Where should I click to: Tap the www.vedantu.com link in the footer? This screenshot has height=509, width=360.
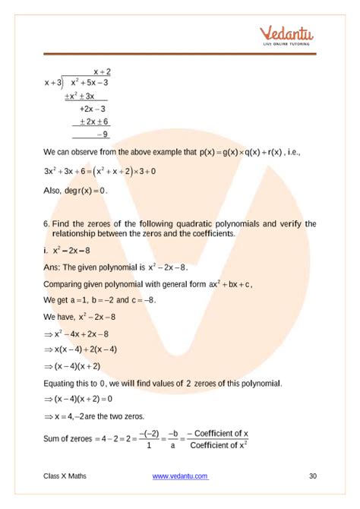point(180,476)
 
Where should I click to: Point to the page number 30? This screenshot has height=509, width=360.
point(312,476)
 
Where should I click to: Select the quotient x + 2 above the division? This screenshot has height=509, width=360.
point(102,71)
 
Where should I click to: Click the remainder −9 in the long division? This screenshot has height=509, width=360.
point(101,134)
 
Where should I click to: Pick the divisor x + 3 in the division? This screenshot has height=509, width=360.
point(54,83)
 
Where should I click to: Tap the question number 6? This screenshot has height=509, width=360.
point(46,223)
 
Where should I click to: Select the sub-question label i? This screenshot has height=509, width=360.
point(46,250)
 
